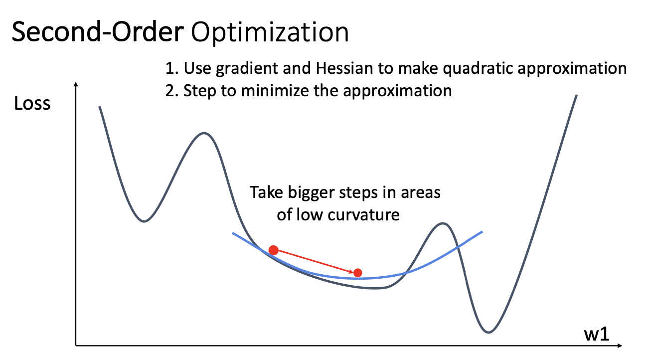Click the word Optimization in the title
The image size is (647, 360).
pyautogui.click(x=270, y=32)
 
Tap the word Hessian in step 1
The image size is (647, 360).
pyautogui.click(x=344, y=68)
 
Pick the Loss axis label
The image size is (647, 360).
pyautogui.click(x=32, y=103)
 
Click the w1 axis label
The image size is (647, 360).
pyautogui.click(x=597, y=334)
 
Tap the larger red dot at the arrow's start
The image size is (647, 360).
pyautogui.click(x=273, y=250)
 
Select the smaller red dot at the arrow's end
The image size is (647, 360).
pyautogui.click(x=357, y=273)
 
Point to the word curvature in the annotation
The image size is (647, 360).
pyautogui.click(x=363, y=215)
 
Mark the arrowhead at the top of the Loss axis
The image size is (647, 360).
pyautogui.click(x=76, y=84)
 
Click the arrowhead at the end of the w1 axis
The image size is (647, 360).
pyautogui.click(x=620, y=345)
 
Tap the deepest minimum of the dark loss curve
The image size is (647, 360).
pyautogui.click(x=488, y=332)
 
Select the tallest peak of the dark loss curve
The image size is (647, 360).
pyautogui.click(x=204, y=133)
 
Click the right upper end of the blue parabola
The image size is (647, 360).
pyautogui.click(x=482, y=232)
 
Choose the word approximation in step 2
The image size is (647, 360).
pyautogui.click(x=397, y=92)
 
